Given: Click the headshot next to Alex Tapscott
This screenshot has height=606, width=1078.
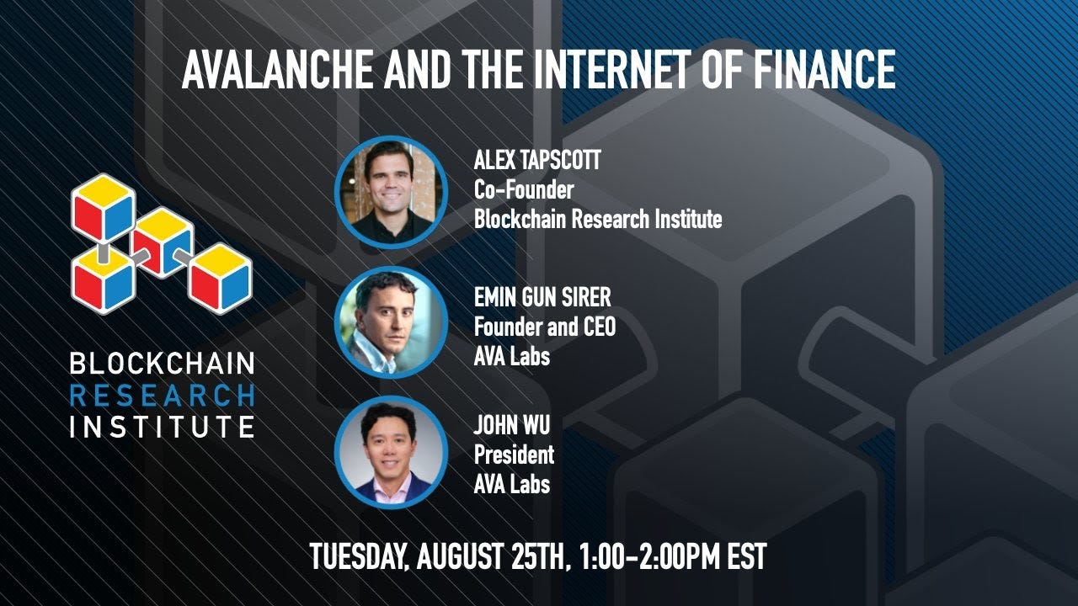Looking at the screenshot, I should click(x=391, y=193).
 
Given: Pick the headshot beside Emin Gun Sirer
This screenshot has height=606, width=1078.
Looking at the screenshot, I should click(x=391, y=322).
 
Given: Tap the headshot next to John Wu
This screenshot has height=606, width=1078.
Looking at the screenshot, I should click(x=391, y=453).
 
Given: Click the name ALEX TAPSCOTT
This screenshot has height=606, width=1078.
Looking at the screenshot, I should click(x=537, y=162).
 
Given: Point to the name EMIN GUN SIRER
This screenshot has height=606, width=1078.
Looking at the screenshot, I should click(x=542, y=296).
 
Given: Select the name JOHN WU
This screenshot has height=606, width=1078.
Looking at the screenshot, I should click(x=511, y=425).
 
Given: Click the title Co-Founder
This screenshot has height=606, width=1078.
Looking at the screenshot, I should click(x=523, y=190).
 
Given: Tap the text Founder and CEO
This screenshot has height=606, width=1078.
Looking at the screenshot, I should click(x=544, y=326).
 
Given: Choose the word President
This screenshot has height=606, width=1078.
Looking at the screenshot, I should click(x=514, y=454).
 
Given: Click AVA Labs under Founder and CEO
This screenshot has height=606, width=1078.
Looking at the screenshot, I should click(x=511, y=355).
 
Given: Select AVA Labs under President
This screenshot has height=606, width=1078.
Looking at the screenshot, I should click(x=511, y=484).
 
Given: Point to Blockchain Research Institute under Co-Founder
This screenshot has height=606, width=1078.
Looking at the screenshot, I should click(x=597, y=220).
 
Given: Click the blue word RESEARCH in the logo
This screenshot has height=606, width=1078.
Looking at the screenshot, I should click(x=162, y=395).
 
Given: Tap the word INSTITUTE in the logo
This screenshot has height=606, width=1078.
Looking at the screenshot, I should click(x=162, y=425).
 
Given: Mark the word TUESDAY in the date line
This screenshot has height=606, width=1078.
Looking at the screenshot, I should click(x=359, y=556).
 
